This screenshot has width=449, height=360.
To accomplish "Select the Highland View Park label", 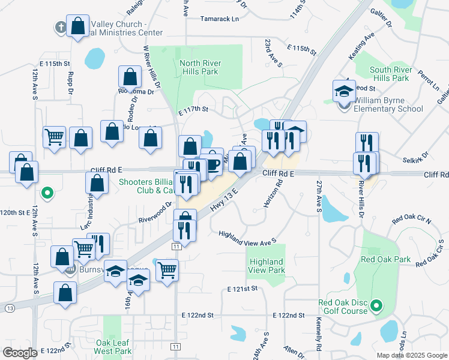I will [266, 266].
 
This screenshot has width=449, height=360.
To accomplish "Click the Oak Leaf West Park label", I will [113, 347].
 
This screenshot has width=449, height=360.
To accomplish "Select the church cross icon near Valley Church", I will [59, 28].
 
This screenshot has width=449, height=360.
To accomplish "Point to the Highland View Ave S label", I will [247, 238].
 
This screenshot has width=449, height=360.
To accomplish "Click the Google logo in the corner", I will [20, 353].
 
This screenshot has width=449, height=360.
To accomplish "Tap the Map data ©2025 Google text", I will [411, 355].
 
